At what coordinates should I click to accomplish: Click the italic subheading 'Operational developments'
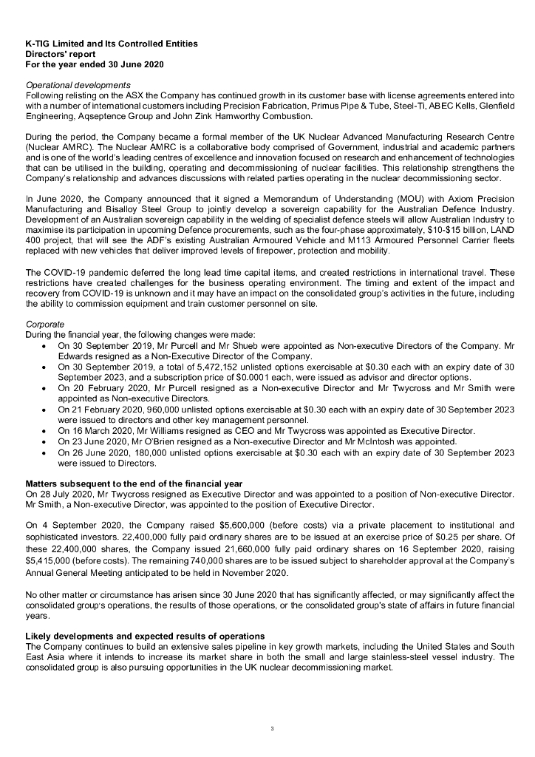[78, 85]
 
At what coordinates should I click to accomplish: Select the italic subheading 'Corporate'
[46, 324]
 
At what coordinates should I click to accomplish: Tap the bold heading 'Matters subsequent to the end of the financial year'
[134, 483]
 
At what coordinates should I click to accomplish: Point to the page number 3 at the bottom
[272, 730]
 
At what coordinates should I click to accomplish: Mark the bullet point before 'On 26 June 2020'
[47, 452]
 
